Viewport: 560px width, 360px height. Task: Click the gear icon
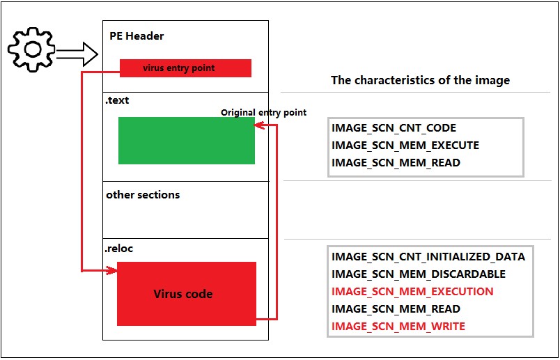(x=31, y=49)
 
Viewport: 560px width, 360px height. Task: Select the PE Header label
(x=137, y=36)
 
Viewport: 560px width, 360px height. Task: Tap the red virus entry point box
(x=185, y=68)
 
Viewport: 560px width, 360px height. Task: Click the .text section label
(x=117, y=100)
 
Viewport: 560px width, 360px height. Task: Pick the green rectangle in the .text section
(x=186, y=141)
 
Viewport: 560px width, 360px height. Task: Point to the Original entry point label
(x=263, y=112)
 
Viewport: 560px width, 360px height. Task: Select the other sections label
(x=143, y=195)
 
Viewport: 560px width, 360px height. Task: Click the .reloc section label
(x=119, y=248)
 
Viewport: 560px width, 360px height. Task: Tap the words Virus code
(x=182, y=294)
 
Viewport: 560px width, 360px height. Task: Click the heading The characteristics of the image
(x=420, y=80)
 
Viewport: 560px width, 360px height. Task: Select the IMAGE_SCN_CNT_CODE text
(x=394, y=129)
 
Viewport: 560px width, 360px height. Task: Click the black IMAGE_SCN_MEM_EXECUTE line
(x=405, y=146)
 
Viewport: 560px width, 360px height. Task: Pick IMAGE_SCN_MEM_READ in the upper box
(x=396, y=163)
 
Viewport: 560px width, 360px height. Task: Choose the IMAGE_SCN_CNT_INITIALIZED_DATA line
(x=428, y=257)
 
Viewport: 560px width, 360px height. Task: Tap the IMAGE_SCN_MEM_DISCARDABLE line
(x=419, y=274)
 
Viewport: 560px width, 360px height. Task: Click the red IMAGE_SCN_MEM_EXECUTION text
(x=412, y=292)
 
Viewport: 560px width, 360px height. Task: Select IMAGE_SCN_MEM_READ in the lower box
(x=396, y=309)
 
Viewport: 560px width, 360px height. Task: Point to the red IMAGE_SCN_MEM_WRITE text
(x=398, y=327)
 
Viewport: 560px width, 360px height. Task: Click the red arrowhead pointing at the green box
(x=258, y=125)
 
